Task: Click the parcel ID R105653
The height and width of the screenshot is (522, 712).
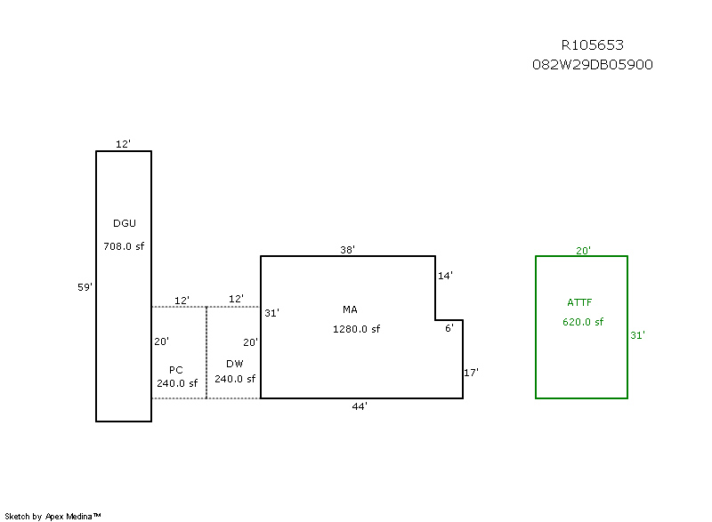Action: tap(592, 45)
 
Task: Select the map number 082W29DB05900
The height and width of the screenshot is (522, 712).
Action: tap(592, 64)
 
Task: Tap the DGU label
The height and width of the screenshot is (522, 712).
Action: tap(125, 223)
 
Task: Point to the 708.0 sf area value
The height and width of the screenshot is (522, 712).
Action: tap(124, 246)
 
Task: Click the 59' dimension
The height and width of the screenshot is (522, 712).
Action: tap(85, 286)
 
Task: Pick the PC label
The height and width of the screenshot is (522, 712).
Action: tap(176, 369)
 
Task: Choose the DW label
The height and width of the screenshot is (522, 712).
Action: tap(235, 364)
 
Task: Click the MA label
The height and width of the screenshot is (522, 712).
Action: tap(350, 309)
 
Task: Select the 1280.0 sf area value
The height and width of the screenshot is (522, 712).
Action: tap(357, 329)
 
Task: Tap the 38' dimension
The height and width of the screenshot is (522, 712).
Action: tap(348, 250)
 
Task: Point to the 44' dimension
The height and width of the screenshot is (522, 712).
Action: tap(360, 406)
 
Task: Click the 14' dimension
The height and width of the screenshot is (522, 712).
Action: tap(446, 276)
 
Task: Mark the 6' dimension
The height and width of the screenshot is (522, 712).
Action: tap(449, 328)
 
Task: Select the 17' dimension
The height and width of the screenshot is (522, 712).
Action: tap(472, 373)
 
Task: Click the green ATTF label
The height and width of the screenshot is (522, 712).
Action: tap(579, 302)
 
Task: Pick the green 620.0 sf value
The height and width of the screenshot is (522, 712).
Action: tap(583, 322)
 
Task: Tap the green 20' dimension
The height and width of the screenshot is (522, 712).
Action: tap(583, 250)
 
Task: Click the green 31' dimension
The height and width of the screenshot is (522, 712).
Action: tap(637, 335)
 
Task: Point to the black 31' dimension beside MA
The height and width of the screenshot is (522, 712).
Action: tap(271, 312)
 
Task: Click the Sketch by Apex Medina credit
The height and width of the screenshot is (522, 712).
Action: tap(53, 516)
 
